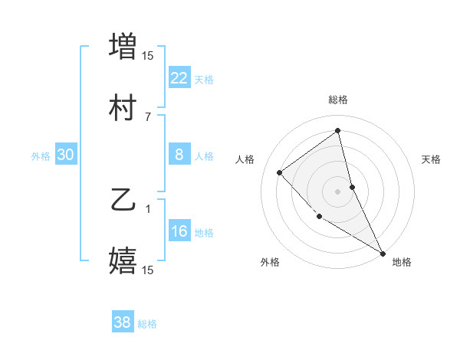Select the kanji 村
tap(123, 109)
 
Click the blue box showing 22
tap(179, 77)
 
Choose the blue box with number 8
tap(179, 155)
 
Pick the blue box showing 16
tap(179, 231)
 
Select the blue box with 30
tap(66, 155)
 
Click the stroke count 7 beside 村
tap(148, 116)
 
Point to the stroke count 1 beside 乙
tap(148, 208)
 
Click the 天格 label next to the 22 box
tap(204, 79)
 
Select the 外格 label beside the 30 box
tap(41, 156)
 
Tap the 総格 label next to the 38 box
tap(147, 324)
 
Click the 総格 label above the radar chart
tap(338, 100)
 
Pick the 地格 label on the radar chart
tap(402, 262)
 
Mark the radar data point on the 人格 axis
tap(280, 172)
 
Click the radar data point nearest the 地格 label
tap(383, 253)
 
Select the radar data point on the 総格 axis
tap(338, 130)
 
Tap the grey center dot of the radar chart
tap(338, 191)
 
